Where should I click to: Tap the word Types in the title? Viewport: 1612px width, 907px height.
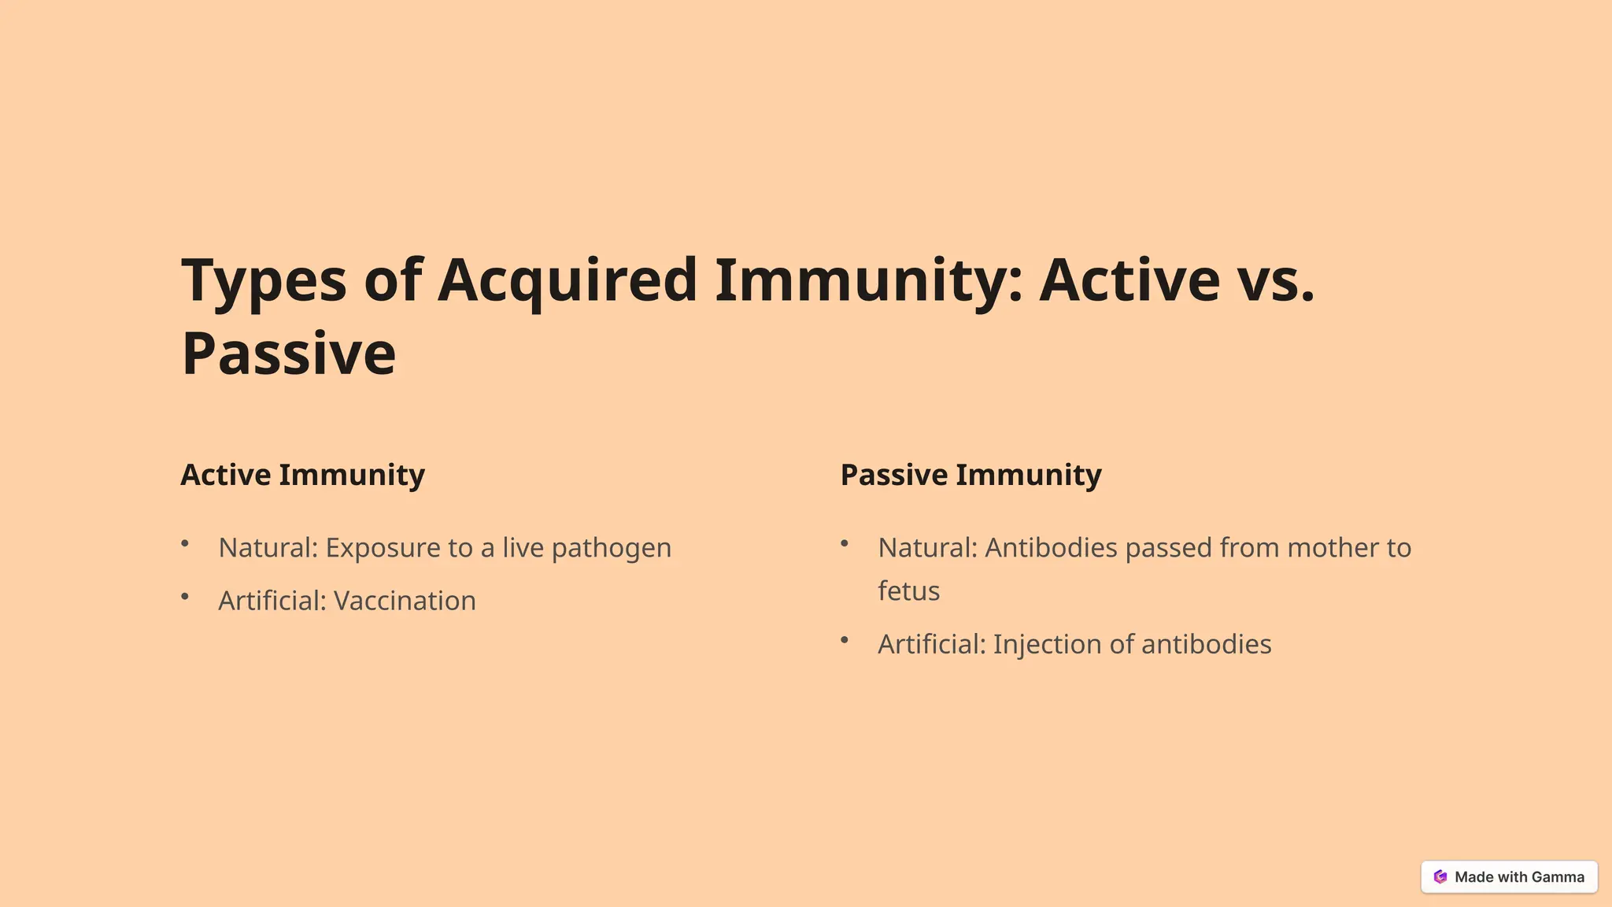[264, 281]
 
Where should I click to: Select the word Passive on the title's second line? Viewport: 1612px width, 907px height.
[289, 354]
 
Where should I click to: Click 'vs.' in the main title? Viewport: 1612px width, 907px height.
[1275, 281]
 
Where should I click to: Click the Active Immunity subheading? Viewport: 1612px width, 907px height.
[302, 475]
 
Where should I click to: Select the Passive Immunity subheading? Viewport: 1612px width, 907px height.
[971, 475]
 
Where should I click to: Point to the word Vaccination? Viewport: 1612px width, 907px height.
[405, 601]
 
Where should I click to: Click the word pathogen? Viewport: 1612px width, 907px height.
[611, 548]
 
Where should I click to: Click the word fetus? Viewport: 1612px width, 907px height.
[908, 591]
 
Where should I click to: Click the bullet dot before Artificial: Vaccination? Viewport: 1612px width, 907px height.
[185, 597]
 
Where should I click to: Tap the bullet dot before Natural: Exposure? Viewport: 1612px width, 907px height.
[185, 543]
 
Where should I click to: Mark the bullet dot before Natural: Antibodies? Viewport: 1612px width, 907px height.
[845, 543]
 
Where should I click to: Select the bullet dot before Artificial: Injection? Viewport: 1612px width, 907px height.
[845, 640]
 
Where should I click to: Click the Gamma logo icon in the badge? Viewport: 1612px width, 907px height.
[1440, 877]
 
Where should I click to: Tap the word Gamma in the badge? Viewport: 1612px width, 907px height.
[1558, 877]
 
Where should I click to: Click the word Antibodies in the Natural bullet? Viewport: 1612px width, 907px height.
[1051, 548]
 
